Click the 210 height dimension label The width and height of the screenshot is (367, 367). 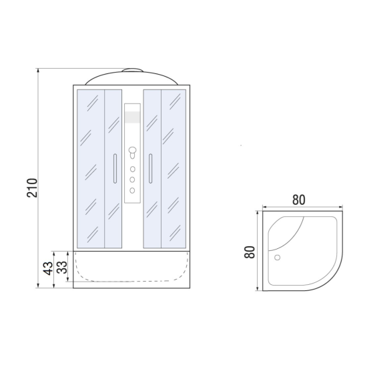(x=32, y=188)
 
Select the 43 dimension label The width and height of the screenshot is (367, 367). (x=48, y=268)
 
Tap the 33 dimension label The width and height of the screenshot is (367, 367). (x=62, y=268)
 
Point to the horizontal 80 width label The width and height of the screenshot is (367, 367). (x=299, y=200)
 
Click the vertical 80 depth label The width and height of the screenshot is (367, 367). (x=250, y=252)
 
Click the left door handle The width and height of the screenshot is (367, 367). (x=115, y=169)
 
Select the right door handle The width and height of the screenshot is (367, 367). (x=151, y=169)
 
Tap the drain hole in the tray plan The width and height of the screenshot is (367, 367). (x=278, y=258)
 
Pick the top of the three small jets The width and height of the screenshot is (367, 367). (x=133, y=169)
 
